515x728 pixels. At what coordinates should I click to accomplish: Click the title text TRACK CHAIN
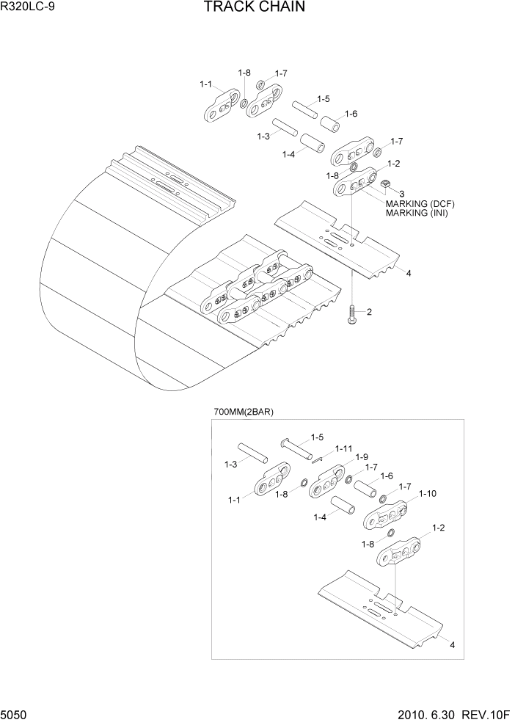[x=244, y=8]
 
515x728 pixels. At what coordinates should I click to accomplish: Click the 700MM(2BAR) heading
[x=244, y=412]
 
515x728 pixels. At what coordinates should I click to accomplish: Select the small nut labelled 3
[x=385, y=183]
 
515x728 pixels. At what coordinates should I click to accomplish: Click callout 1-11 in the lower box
[x=344, y=448]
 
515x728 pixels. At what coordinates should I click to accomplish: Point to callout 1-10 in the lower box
[x=428, y=494]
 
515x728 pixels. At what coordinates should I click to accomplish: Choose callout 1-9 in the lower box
[x=362, y=457]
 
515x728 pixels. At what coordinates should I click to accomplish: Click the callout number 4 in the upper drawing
[x=408, y=273]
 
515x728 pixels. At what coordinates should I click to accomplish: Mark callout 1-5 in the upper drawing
[x=323, y=99]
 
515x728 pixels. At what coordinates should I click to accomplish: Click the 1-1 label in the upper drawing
[x=205, y=84]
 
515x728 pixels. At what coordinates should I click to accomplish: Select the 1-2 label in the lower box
[x=439, y=528]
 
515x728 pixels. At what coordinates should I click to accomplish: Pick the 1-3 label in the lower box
[x=230, y=465]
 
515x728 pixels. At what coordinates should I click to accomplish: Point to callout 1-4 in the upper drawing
[x=288, y=153]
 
